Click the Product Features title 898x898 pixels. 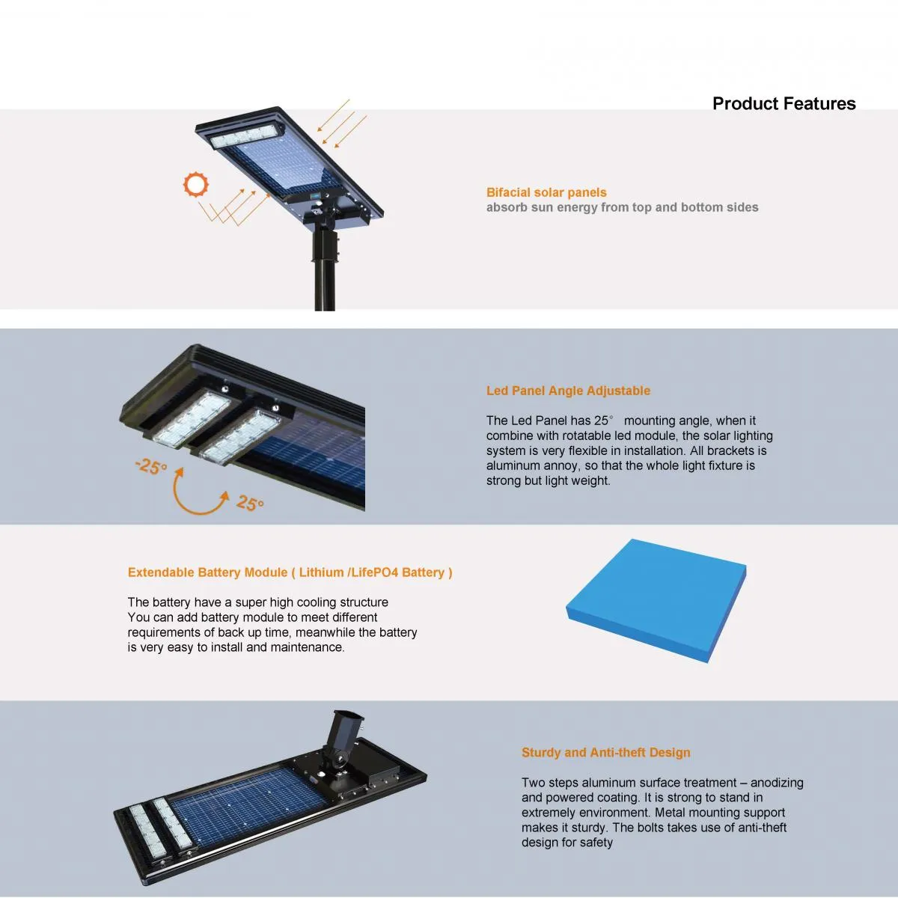pyautogui.click(x=784, y=104)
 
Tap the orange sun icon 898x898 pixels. pyautogui.click(x=196, y=185)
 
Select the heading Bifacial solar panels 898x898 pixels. pyautogui.click(x=546, y=192)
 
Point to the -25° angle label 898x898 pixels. pyautogui.click(x=151, y=467)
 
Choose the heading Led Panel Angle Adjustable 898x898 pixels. pyautogui.click(x=568, y=391)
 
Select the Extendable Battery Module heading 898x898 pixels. pyautogui.click(x=290, y=572)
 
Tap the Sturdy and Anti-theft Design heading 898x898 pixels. pyautogui.click(x=605, y=753)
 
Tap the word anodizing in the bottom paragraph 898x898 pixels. pyautogui.click(x=777, y=783)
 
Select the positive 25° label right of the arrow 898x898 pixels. pyautogui.click(x=250, y=504)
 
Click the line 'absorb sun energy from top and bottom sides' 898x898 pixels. pyautogui.click(x=622, y=207)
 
